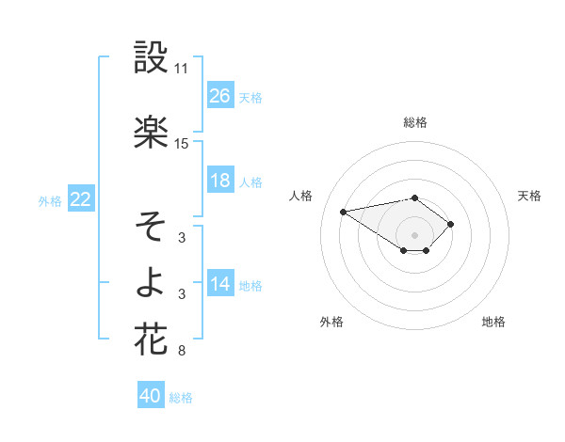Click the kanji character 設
pyautogui.click(x=151, y=58)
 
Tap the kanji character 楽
pyautogui.click(x=151, y=133)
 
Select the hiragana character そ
pyautogui.click(x=151, y=227)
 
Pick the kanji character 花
pyautogui.click(x=151, y=339)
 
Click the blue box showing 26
pyautogui.click(x=220, y=95)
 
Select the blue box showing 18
pyautogui.click(x=220, y=181)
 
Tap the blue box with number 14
pyautogui.click(x=220, y=284)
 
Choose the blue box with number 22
pyautogui.click(x=81, y=199)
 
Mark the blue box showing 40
pyautogui.click(x=151, y=396)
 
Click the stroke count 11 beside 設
pyautogui.click(x=181, y=70)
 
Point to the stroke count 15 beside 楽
pyautogui.click(x=181, y=144)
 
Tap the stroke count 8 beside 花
pyautogui.click(x=181, y=352)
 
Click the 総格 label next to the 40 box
pyautogui.click(x=181, y=398)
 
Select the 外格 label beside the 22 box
pyautogui.click(x=50, y=200)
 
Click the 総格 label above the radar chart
pyautogui.click(x=414, y=122)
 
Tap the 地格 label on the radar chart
pyautogui.click(x=493, y=322)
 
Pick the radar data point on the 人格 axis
pyautogui.click(x=344, y=211)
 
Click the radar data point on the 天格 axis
pyautogui.click(x=451, y=224)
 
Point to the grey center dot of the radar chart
pyautogui.click(x=414, y=234)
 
